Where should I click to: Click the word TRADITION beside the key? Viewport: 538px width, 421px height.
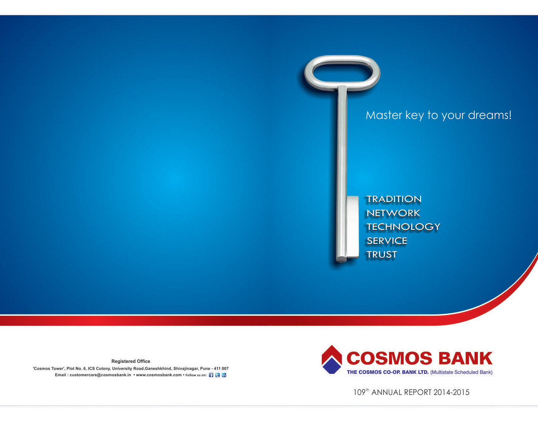pyautogui.click(x=394, y=199)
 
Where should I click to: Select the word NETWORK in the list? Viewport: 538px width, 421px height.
pyautogui.click(x=393, y=213)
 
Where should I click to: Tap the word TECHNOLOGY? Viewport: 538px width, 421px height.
pyautogui.click(x=403, y=227)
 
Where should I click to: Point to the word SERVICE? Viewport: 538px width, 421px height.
pyautogui.click(x=387, y=241)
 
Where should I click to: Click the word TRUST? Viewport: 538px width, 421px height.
pyautogui.click(x=382, y=255)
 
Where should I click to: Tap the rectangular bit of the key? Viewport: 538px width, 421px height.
pyautogui.click(x=353, y=227)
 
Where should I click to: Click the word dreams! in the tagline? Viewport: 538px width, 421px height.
pyautogui.click(x=490, y=115)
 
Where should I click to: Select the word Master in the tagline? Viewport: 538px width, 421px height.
pyautogui.click(x=384, y=115)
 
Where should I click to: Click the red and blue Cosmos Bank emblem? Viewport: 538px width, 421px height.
pyautogui.click(x=331, y=360)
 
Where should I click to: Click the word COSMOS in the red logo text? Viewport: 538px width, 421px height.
pyautogui.click(x=389, y=358)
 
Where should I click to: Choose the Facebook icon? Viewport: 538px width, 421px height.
pyautogui.click(x=211, y=375)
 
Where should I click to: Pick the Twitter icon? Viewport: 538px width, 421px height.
pyautogui.click(x=218, y=375)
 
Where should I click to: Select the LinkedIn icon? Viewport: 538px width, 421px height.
pyautogui.click(x=224, y=375)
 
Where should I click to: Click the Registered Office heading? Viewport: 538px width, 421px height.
pyautogui.click(x=131, y=361)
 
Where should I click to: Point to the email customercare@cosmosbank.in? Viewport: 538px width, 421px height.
pyautogui.click(x=100, y=375)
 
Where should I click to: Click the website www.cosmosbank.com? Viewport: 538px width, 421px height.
pyautogui.click(x=159, y=375)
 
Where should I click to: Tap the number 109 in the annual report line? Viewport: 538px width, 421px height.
pyautogui.click(x=359, y=393)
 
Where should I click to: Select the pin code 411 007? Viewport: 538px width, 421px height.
pyautogui.click(x=221, y=369)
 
